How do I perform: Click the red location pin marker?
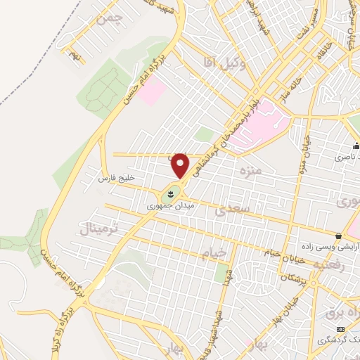181,165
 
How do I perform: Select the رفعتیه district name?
330,266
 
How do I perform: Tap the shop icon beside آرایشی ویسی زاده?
339,236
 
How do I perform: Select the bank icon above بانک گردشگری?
341,329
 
